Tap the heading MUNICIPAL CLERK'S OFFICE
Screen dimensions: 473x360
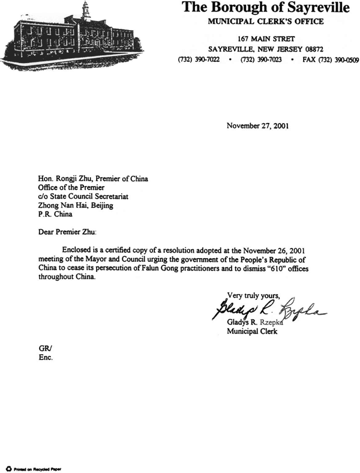266,22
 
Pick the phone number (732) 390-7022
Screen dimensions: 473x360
198,60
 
